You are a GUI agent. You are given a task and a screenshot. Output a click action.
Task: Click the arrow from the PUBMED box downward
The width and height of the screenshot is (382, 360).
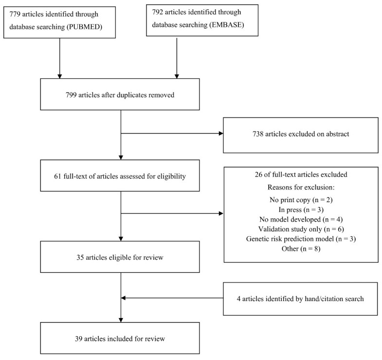tap(60, 58)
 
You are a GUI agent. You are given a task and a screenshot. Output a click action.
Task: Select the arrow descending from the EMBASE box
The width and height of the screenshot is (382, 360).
tap(177, 58)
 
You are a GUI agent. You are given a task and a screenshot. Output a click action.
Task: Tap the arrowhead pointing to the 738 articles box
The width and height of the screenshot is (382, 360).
tap(220, 134)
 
